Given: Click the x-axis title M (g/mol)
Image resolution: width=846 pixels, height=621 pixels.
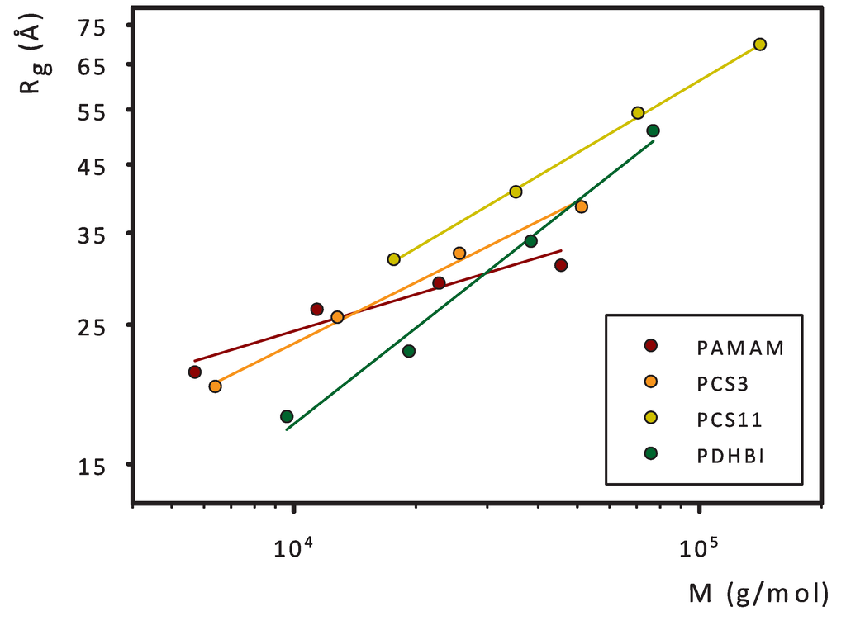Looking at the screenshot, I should pos(758,593).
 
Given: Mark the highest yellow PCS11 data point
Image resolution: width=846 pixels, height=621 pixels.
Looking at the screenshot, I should pos(760,45).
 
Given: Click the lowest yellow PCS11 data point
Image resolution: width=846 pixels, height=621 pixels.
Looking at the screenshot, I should pos(393,259).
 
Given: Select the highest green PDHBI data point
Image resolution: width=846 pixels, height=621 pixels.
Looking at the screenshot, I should pos(654,130).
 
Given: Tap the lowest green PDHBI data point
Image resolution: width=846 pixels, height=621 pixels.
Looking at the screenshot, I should pos(287,416).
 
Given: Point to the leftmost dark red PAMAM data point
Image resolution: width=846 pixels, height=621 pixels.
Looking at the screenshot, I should pos(195,372).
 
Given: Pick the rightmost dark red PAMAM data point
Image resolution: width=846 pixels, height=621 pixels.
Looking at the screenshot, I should pos(561,265).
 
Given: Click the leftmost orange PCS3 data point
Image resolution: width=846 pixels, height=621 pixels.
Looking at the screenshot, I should pos(215,386).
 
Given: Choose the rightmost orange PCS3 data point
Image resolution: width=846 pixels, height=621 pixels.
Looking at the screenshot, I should pos(582,206).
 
